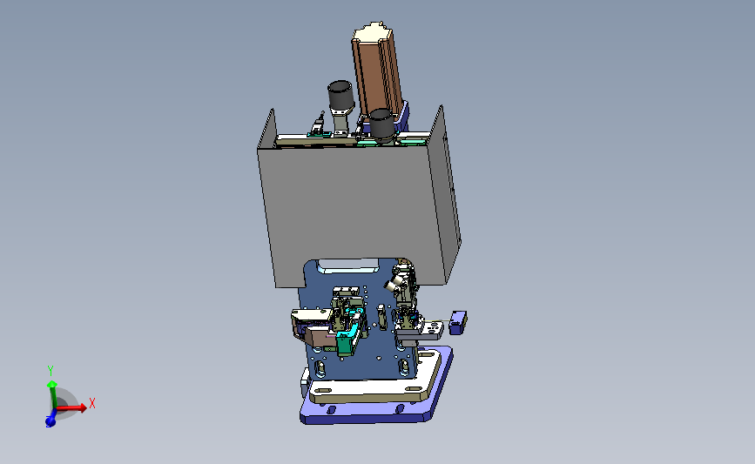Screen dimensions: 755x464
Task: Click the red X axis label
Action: click(92, 403)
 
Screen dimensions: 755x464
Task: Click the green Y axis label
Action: click(51, 371)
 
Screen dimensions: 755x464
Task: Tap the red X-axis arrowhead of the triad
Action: click(84, 407)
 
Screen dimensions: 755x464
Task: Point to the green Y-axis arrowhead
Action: click(51, 384)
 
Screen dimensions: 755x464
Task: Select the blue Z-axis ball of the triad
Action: click(51, 421)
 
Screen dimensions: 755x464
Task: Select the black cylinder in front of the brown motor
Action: click(382, 124)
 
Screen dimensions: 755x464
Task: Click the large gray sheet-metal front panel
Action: click(352, 212)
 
